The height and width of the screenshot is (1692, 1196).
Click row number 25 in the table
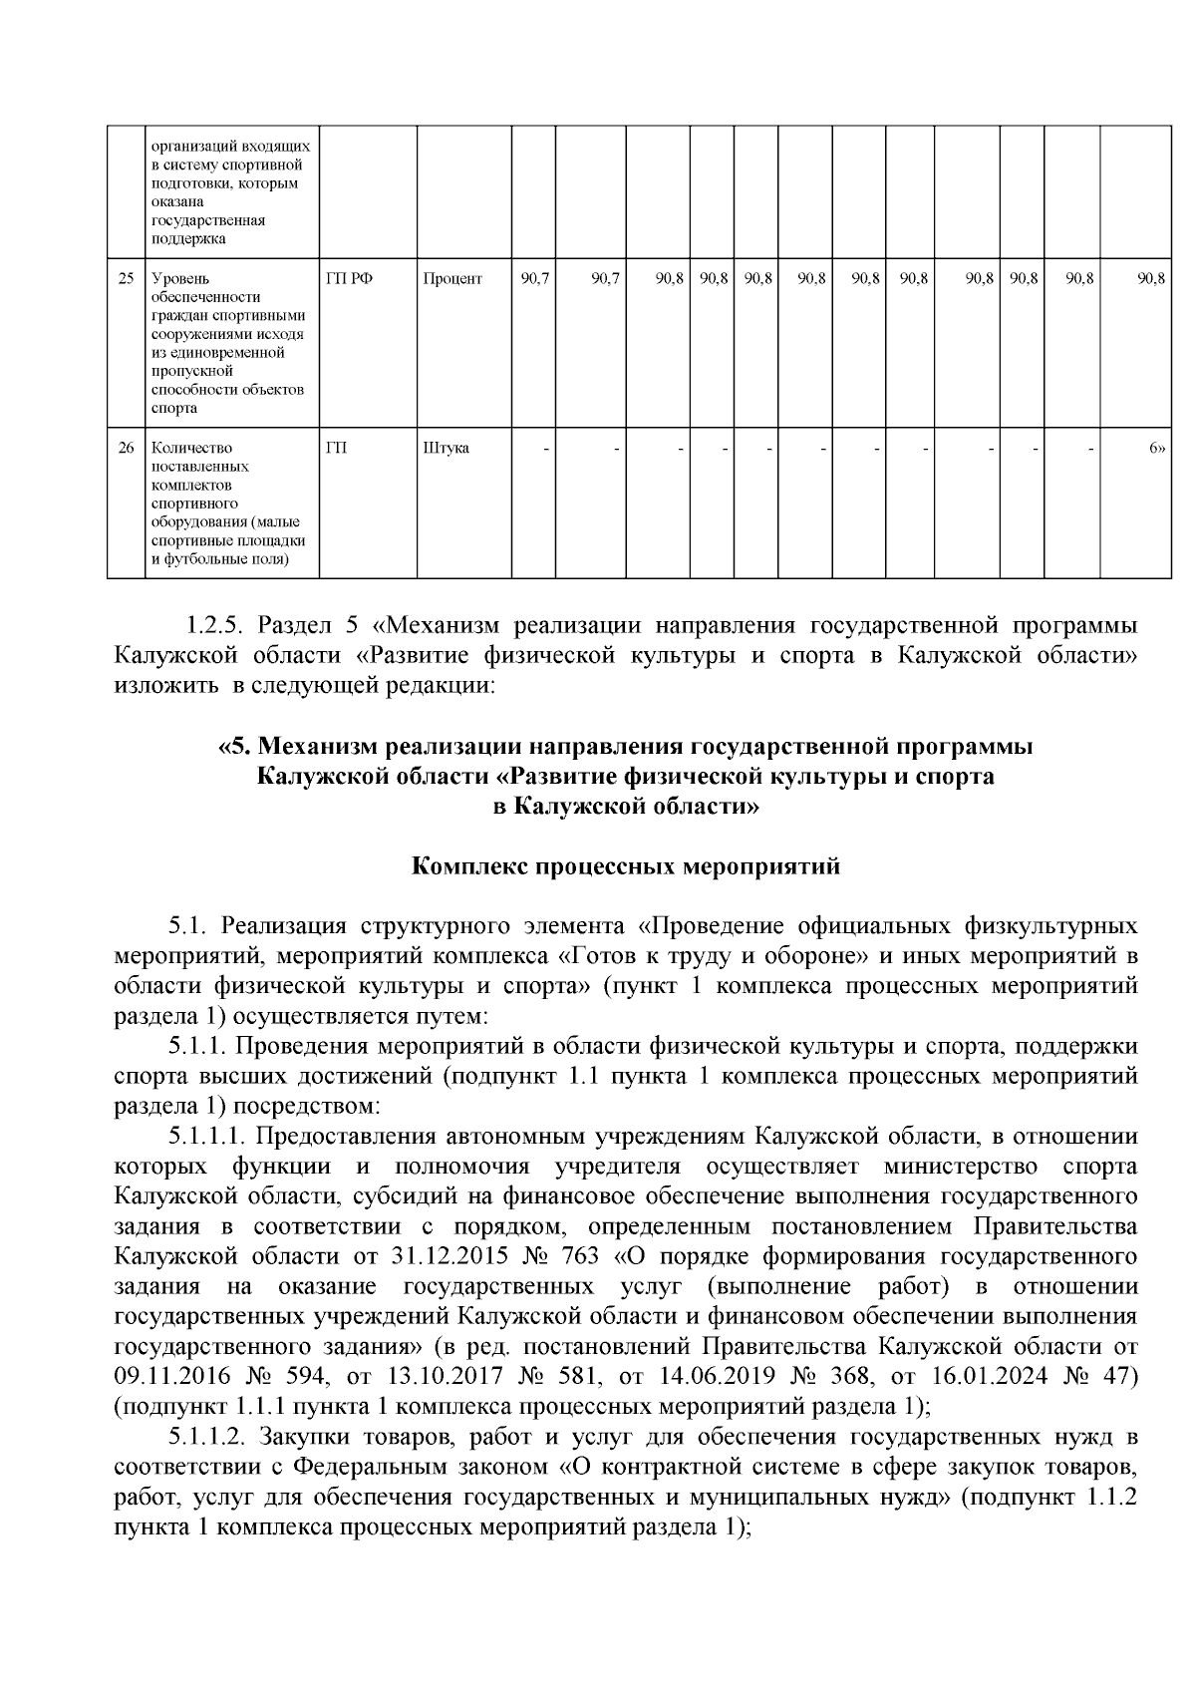coord(126,279)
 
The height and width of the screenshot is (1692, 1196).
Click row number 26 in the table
coord(126,448)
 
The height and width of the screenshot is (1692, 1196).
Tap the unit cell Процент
coord(451,279)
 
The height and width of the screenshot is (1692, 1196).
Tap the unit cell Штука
coord(446,448)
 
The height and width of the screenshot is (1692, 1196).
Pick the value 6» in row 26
coord(1156,448)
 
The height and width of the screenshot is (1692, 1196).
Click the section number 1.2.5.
coord(214,625)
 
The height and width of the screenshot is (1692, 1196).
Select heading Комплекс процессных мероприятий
coord(626,865)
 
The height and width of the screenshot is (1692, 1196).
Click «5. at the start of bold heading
coord(237,746)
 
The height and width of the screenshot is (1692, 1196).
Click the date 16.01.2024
coord(972,1375)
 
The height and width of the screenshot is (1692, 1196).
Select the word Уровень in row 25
coord(174,279)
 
